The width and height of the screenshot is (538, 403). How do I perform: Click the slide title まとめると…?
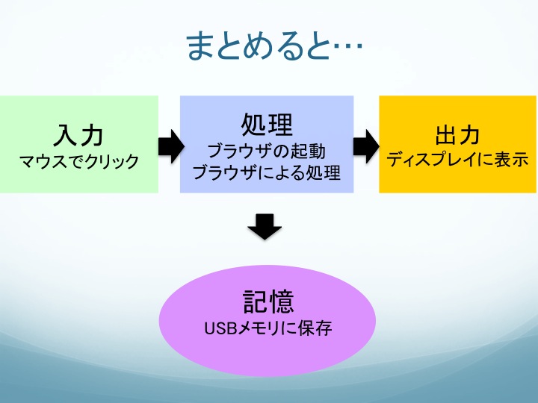pyautogui.click(x=274, y=46)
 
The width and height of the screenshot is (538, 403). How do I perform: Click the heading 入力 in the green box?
pyautogui.click(x=78, y=135)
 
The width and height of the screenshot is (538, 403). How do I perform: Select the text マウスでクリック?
pyautogui.click(x=79, y=161)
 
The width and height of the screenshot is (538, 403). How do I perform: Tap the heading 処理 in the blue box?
pyautogui.click(x=267, y=125)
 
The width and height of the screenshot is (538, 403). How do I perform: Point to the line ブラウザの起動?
pyautogui.click(x=267, y=151)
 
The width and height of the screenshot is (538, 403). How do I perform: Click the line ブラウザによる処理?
pyautogui.click(x=267, y=172)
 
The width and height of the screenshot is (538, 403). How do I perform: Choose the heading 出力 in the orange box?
pyautogui.click(x=457, y=135)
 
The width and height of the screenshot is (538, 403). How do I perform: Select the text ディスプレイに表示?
pyautogui.click(x=457, y=160)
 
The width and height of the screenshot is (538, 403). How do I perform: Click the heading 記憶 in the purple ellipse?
pyautogui.click(x=268, y=302)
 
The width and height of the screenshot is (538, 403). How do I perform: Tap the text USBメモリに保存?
pyautogui.click(x=268, y=328)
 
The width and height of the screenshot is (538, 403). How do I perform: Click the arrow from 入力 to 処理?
pyautogui.click(x=171, y=146)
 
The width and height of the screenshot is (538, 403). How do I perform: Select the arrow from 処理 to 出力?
pyautogui.click(x=366, y=146)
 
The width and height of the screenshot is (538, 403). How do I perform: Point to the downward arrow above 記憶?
pyautogui.click(x=265, y=227)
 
